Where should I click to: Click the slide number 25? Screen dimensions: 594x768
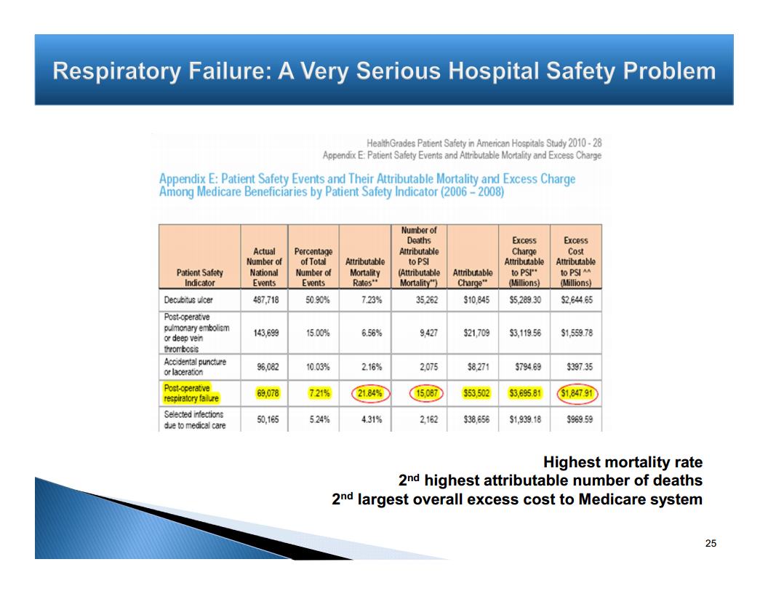711,543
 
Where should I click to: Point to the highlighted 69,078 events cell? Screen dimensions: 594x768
268,394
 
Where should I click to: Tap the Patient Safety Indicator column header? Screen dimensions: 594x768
199,278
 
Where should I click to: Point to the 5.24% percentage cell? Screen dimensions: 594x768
313,420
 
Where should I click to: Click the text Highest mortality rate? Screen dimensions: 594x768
623,462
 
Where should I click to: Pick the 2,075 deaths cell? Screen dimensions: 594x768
426,367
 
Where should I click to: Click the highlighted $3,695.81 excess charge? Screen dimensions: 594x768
524,394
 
